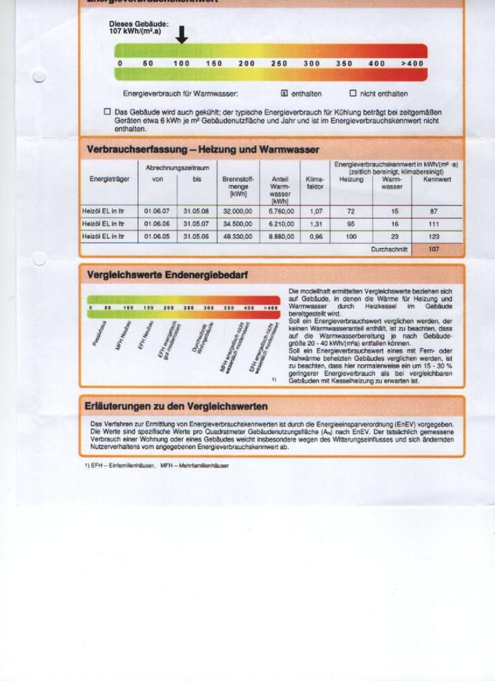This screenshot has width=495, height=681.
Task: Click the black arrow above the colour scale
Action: [x=181, y=34]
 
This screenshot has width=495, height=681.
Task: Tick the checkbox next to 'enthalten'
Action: [x=284, y=93]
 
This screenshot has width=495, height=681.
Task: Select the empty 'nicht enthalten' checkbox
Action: [x=352, y=93]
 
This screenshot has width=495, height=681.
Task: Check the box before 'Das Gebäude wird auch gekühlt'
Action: [x=107, y=112]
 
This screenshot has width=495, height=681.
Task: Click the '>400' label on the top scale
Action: [x=411, y=64]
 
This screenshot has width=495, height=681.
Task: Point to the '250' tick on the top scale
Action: [x=279, y=64]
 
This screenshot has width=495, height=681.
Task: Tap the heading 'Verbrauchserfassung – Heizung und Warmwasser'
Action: [x=202, y=150]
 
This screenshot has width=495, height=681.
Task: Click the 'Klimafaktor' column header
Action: [x=315, y=184]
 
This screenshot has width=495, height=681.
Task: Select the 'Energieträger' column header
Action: [x=109, y=179]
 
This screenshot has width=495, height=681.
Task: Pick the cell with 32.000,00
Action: [x=237, y=211]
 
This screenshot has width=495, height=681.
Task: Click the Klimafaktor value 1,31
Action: [x=316, y=223]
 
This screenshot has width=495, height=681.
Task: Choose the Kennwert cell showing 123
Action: [x=434, y=236]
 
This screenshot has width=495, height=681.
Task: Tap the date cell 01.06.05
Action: [x=156, y=236]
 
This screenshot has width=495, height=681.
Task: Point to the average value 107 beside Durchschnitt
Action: [x=434, y=250]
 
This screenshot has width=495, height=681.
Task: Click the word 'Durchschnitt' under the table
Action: [x=389, y=250]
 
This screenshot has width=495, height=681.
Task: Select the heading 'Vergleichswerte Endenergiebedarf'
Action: [x=167, y=275]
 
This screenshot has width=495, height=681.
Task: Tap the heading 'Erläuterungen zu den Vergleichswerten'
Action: [x=177, y=406]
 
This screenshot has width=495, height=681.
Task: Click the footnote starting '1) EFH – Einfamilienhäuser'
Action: [x=156, y=465]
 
